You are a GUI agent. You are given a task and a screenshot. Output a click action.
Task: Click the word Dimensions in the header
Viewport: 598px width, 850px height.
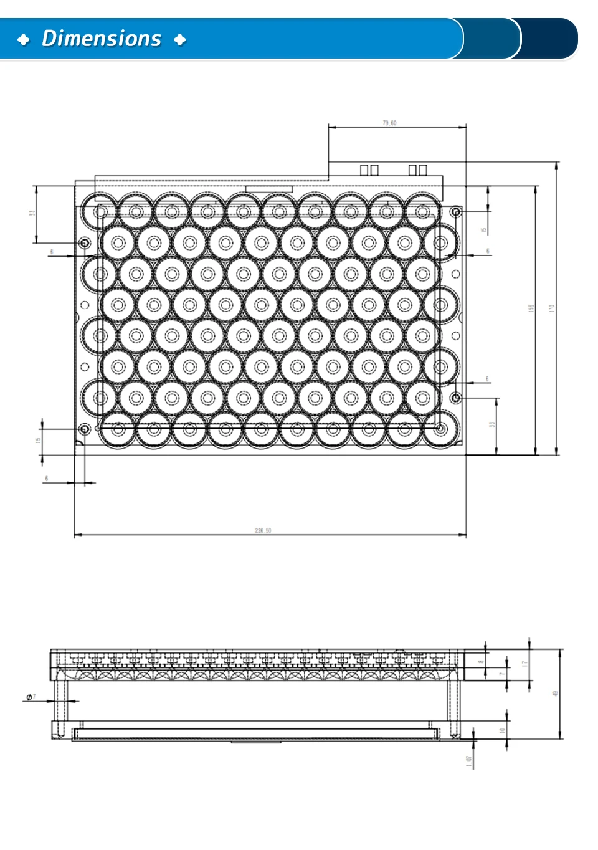pyautogui.click(x=102, y=39)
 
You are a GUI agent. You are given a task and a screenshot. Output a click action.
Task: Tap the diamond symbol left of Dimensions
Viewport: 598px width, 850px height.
pyautogui.click(x=24, y=40)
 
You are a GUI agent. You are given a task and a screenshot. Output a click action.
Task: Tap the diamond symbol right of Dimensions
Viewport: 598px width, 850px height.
pyautogui.click(x=180, y=40)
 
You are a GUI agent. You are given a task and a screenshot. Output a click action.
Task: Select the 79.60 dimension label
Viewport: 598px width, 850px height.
pyautogui.click(x=389, y=123)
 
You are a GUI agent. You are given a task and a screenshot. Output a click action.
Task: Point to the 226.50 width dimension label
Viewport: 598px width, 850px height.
pyautogui.click(x=263, y=530)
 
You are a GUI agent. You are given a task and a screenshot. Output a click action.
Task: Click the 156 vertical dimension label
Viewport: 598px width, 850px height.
pyautogui.click(x=531, y=308)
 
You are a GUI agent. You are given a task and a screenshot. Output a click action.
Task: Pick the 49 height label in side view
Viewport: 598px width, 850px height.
pyautogui.click(x=555, y=693)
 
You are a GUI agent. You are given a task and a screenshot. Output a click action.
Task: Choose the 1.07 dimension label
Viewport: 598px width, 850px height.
pyautogui.click(x=468, y=761)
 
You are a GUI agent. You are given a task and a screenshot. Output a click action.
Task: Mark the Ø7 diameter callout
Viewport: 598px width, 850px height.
pyautogui.click(x=31, y=697)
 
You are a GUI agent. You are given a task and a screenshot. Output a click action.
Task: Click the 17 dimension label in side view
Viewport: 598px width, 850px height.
pyautogui.click(x=524, y=664)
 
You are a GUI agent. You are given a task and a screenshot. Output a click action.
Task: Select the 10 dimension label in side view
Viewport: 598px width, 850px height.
pyautogui.click(x=502, y=730)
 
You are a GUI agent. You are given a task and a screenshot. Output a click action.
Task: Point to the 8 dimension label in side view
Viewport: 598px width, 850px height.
pyautogui.click(x=481, y=662)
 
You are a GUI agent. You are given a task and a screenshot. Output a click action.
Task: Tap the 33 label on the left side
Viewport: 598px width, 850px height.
pyautogui.click(x=32, y=212)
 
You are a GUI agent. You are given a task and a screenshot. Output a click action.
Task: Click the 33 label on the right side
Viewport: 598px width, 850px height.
pyautogui.click(x=491, y=424)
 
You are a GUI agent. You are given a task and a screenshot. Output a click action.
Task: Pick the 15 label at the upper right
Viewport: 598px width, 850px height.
pyautogui.click(x=483, y=231)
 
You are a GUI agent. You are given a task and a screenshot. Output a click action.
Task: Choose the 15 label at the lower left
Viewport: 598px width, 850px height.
pyautogui.click(x=37, y=440)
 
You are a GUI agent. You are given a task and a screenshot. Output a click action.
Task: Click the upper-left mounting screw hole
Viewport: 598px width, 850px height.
pyautogui.click(x=85, y=242)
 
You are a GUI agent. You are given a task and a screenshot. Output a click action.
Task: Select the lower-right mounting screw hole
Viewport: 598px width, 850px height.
pyautogui.click(x=456, y=397)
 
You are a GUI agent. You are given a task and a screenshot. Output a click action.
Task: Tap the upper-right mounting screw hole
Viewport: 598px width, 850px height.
pyautogui.click(x=456, y=212)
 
